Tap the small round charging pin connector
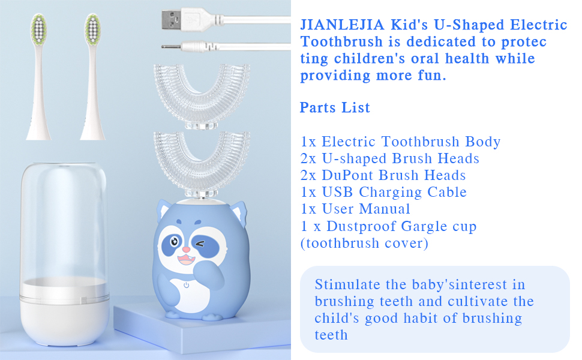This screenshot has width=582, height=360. tap(174, 46)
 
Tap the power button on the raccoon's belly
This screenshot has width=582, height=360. tap(187, 286)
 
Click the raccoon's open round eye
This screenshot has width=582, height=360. tap(173, 242)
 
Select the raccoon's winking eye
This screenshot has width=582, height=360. tap(200, 244)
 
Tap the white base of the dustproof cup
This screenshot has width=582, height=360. tap(64, 312)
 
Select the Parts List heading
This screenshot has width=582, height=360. tap(335, 108)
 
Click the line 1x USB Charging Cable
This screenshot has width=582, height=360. tap(384, 193)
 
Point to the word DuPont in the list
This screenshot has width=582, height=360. tap(359, 176)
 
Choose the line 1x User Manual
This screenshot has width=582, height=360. tap(356, 209)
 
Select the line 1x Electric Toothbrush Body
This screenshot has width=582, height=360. tap(401, 142)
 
